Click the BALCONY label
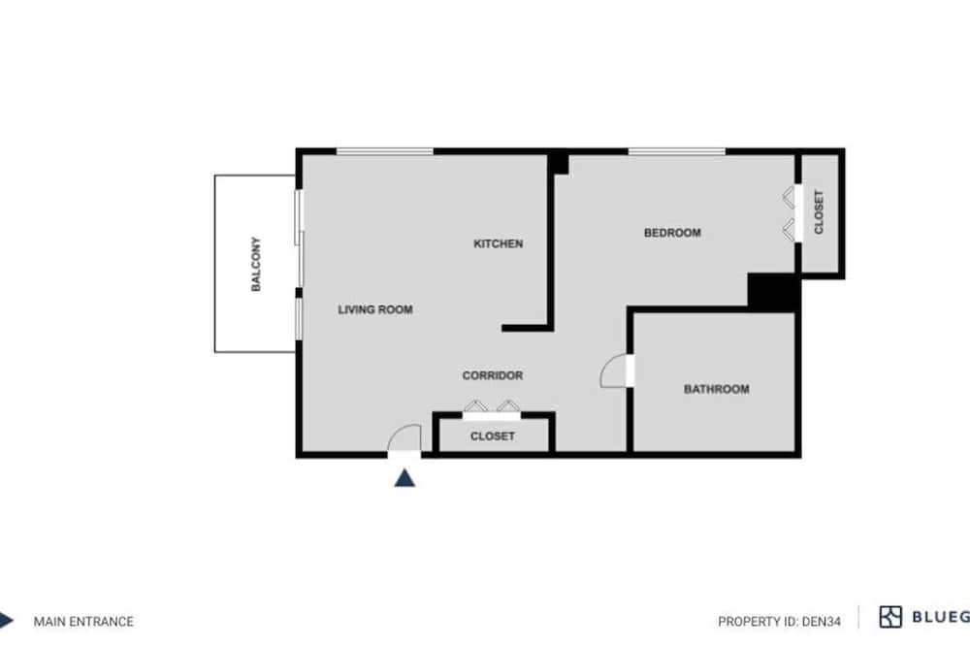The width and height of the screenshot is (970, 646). pos(256,264)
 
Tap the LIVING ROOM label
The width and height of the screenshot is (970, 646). pos(375,309)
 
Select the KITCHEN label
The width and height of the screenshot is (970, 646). pos(498,243)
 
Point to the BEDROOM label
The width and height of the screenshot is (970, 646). pos(672,233)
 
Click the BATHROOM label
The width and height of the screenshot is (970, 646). pos(717,389)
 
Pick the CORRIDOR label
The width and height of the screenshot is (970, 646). pos(493,375)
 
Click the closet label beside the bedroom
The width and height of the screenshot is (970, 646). pos(819,212)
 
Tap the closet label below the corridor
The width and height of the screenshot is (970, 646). pos(493,436)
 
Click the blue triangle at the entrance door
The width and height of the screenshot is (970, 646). pos(404,478)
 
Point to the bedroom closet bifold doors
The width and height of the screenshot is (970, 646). pos(789,214)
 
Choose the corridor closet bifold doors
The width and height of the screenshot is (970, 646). pos(492,406)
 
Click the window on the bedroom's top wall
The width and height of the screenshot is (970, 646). pos(677,151)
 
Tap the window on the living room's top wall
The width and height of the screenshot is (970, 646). pos(384,151)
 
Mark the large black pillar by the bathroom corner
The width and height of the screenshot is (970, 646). pos(773,291)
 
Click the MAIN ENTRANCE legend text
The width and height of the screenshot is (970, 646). pos(83,622)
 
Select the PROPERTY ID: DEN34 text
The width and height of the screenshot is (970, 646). pos(780,622)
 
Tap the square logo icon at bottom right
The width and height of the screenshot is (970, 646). pos(890,617)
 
